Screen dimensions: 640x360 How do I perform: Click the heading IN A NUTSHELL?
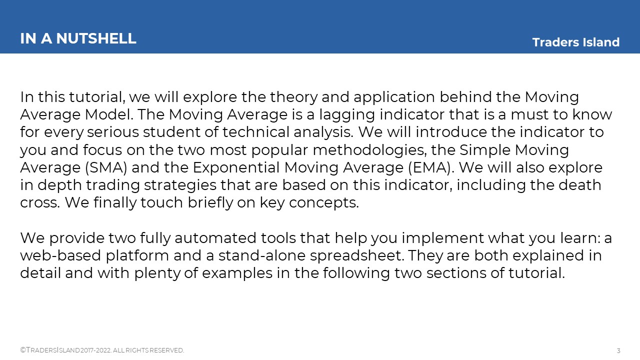[78, 38]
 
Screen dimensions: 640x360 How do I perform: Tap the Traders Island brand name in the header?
[575, 42]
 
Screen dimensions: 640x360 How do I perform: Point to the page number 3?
[618, 350]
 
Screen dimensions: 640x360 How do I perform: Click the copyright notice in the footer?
[102, 350]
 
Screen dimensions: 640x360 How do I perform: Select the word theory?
[293, 97]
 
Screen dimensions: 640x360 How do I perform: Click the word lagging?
[347, 115]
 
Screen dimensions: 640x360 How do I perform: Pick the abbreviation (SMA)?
[106, 167]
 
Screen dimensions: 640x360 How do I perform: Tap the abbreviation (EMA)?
[430, 167]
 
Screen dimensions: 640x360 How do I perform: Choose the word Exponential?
[236, 167]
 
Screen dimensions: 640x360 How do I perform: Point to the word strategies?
[180, 185]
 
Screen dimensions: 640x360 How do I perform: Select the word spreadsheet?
[357, 256]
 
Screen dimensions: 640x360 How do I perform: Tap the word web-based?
[60, 255]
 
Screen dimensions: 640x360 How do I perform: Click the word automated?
[215, 238]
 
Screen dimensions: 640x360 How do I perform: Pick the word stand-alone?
[262, 255]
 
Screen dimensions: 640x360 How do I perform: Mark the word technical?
[256, 132]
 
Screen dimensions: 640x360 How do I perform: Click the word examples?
[237, 273]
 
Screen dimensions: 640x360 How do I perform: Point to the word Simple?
[485, 150]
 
